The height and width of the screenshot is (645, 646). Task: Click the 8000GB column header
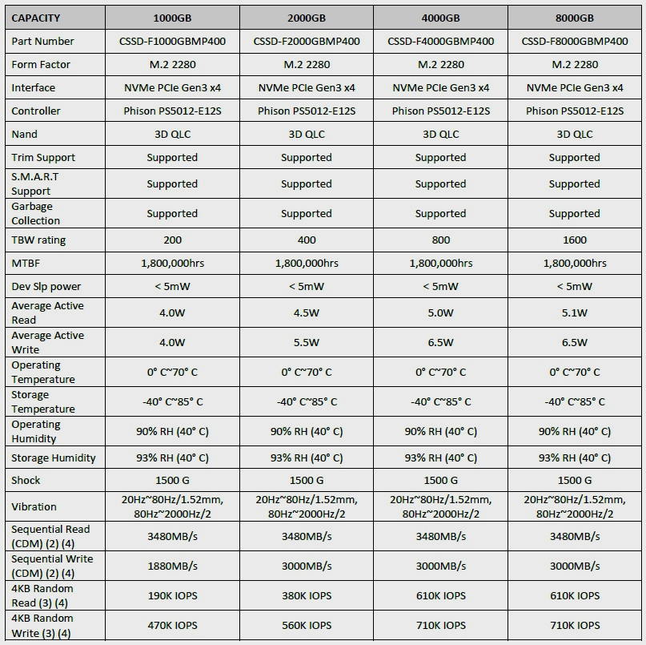click(x=574, y=18)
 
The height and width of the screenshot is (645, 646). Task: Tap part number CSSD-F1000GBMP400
click(x=172, y=42)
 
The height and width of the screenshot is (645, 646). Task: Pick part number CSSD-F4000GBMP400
click(x=440, y=42)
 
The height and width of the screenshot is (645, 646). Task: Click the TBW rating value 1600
click(x=574, y=240)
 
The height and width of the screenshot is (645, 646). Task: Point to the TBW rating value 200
click(x=172, y=240)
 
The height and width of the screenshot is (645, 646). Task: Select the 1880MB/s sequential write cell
click(x=172, y=566)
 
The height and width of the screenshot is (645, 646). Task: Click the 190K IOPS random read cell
click(x=172, y=595)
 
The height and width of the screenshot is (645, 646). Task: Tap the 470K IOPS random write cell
click(x=172, y=625)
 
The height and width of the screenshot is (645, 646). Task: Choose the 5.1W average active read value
click(x=574, y=313)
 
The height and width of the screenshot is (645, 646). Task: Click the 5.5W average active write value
click(x=307, y=342)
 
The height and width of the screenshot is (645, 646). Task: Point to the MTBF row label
click(x=26, y=263)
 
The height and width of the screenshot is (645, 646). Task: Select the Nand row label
click(x=25, y=134)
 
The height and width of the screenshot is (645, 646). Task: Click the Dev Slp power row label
click(x=46, y=286)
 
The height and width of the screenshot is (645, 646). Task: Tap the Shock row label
click(x=26, y=480)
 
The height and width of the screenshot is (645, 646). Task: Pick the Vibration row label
click(x=34, y=506)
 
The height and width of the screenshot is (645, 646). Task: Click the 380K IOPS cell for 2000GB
click(x=307, y=595)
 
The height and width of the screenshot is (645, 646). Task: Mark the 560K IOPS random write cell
click(x=307, y=625)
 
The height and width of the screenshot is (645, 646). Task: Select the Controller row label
click(x=36, y=111)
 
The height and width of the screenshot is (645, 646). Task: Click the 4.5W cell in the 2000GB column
click(x=307, y=313)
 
